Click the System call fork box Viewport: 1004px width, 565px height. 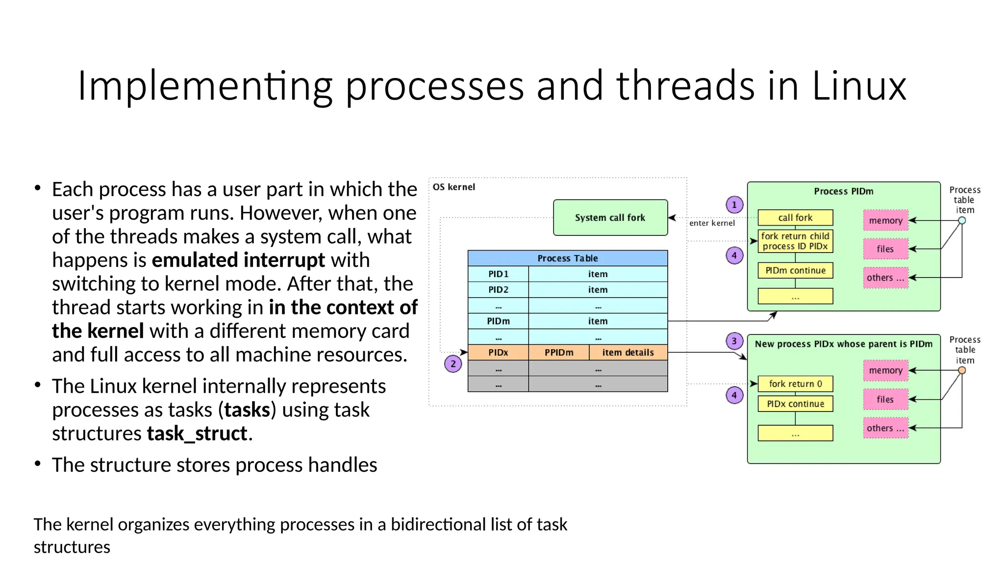(610, 217)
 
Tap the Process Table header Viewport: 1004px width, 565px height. (567, 258)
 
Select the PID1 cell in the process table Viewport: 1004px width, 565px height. (498, 274)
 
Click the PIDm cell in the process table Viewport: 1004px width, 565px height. (498, 321)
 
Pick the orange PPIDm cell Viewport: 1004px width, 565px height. (558, 353)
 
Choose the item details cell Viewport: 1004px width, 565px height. (628, 353)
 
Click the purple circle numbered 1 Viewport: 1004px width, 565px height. (734, 205)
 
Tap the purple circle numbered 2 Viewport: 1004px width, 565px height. (453, 364)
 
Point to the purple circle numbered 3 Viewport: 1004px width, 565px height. (734, 341)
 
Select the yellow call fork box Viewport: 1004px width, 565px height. (795, 217)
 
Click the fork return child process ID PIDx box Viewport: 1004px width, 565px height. (795, 241)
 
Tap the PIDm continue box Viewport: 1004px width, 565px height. (795, 270)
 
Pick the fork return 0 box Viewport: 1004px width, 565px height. (795, 384)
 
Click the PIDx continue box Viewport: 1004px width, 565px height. (795, 404)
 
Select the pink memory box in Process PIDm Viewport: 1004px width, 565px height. (885, 221)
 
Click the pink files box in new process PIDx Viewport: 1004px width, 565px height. (885, 399)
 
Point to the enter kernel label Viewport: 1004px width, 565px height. (712, 223)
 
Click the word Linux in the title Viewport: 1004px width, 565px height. (859, 86)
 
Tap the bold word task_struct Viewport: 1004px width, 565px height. (197, 434)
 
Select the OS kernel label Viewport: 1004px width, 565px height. (453, 187)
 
